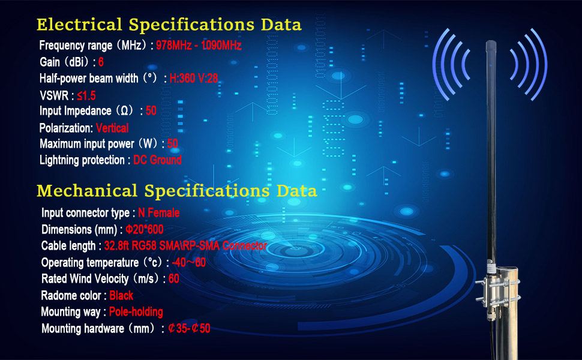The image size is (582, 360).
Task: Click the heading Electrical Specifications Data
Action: (x=169, y=25)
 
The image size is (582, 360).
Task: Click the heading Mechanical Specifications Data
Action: (x=176, y=191)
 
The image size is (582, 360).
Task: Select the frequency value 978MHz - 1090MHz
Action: (x=199, y=46)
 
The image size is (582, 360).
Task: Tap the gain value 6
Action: (x=101, y=62)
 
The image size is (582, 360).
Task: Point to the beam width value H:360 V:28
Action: (x=194, y=78)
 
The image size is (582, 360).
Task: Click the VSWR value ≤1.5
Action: (x=87, y=95)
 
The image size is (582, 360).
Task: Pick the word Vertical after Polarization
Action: (x=112, y=128)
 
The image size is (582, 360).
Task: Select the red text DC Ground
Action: (x=157, y=160)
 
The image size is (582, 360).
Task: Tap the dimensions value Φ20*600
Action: (x=145, y=230)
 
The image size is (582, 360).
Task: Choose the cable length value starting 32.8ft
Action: (x=185, y=246)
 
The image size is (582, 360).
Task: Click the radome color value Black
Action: (x=121, y=296)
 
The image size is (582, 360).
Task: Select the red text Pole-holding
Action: (x=136, y=312)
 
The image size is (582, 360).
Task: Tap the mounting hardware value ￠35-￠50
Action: (x=189, y=329)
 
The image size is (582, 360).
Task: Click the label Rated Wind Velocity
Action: (x=85, y=279)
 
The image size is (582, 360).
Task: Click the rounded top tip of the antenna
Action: (x=489, y=44)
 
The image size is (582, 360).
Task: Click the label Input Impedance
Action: (x=76, y=111)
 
